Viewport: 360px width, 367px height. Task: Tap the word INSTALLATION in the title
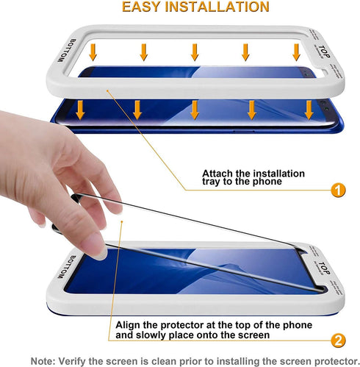tap(217, 7)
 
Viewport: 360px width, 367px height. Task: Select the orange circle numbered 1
tap(337, 190)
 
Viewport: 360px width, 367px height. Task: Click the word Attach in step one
tap(218, 174)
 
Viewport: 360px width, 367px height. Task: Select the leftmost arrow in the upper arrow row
tap(93, 51)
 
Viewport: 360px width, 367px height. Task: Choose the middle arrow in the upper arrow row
tap(195, 51)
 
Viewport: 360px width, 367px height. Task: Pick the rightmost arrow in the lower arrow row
tap(309, 110)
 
